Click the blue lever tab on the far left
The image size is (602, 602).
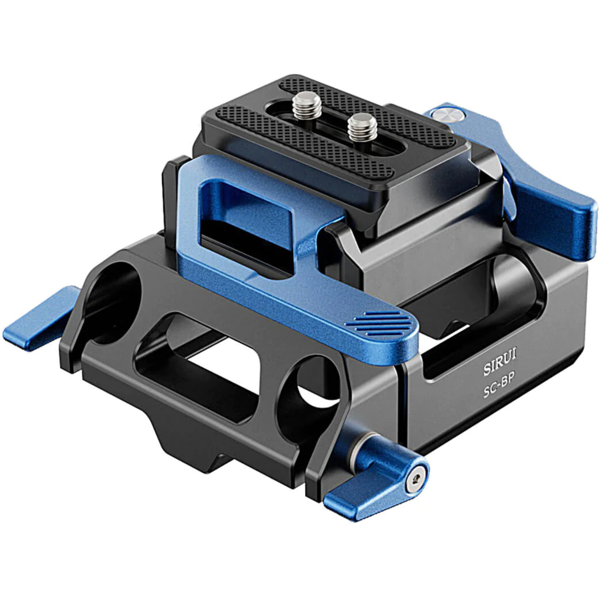coord(40,321)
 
